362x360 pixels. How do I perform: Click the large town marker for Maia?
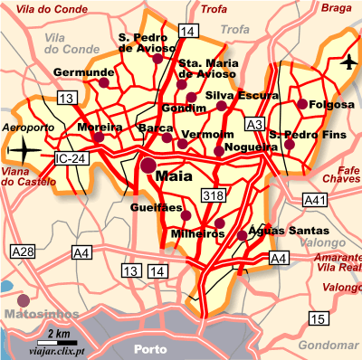[148, 166]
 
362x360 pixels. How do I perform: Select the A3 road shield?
[254, 124]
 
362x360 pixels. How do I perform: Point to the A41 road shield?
[314, 198]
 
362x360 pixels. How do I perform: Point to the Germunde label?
[81, 71]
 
